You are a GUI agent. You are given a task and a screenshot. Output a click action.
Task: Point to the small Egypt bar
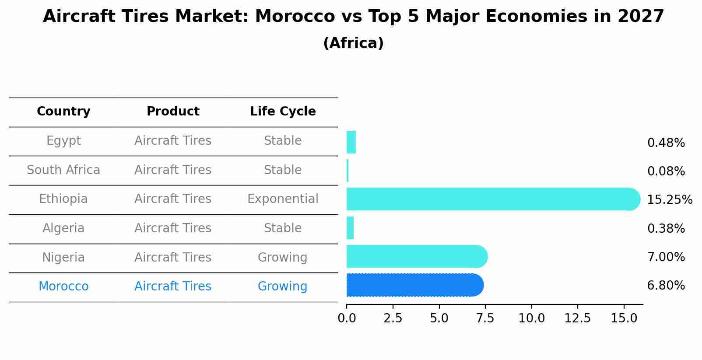point(351,142)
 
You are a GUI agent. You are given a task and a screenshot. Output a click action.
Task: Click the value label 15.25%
point(669,200)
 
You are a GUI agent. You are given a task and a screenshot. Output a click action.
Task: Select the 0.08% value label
point(666,171)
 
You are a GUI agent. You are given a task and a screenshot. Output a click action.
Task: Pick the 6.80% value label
point(666,286)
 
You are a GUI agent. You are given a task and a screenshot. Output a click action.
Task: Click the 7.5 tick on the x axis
point(485,318)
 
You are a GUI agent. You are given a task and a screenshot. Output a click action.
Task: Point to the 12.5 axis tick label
point(577,318)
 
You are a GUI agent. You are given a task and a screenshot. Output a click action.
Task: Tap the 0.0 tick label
point(347,318)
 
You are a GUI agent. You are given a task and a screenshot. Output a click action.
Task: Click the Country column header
point(63,112)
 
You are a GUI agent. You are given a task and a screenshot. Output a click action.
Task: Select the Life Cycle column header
point(283,112)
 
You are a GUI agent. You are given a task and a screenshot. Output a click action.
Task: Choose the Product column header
point(173,112)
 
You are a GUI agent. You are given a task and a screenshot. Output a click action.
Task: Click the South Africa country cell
point(63,170)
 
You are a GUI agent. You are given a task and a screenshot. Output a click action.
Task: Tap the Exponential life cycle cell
point(283,199)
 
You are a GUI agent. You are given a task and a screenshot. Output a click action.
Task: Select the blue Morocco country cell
point(63,287)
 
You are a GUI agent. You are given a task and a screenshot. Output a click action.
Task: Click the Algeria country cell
point(63,228)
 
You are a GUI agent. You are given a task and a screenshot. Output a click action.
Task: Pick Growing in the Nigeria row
point(282,258)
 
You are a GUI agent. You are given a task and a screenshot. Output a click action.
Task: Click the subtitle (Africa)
point(353,43)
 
